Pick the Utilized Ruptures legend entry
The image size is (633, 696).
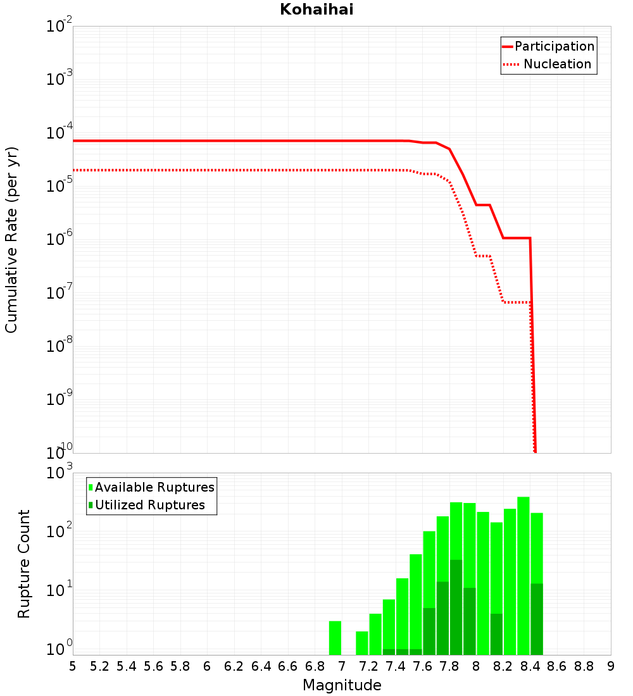(149, 505)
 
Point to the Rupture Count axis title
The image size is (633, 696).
(24, 564)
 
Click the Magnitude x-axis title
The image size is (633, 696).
(342, 685)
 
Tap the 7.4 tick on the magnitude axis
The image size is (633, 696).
(396, 666)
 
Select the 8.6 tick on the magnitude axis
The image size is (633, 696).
(557, 666)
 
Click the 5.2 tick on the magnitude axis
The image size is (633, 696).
(100, 666)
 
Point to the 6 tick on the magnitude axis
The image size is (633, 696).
(207, 666)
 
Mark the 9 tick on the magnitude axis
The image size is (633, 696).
(611, 666)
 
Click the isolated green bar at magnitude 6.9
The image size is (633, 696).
(335, 638)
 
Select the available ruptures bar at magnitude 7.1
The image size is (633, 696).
(362, 643)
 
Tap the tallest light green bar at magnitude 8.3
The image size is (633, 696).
(523, 576)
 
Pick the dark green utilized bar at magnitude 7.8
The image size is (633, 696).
(456, 607)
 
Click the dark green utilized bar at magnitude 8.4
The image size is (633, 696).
(537, 619)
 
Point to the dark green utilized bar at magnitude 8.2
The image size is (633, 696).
(496, 634)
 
